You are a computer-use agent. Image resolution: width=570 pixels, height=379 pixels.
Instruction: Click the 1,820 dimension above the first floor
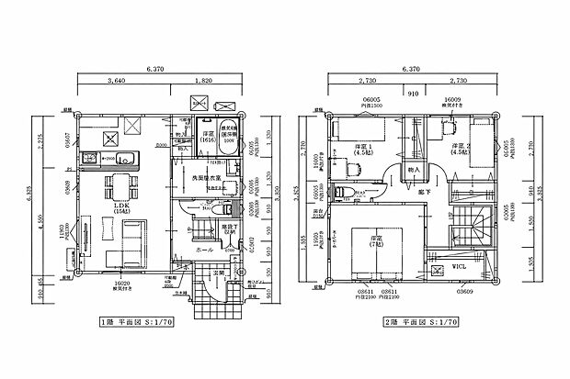[209, 81]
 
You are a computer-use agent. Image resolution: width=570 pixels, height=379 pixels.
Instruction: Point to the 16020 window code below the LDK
[120, 284]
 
